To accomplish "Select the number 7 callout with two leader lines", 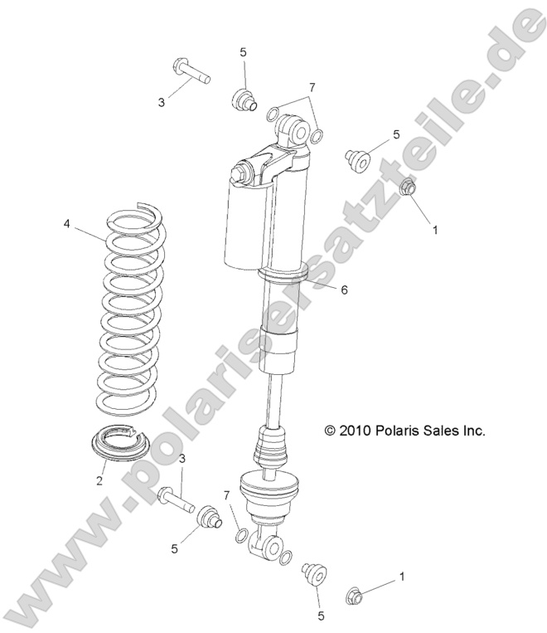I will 312,87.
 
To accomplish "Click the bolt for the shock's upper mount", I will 190,71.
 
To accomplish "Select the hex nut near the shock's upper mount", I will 408,187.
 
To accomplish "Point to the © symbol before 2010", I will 330,431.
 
